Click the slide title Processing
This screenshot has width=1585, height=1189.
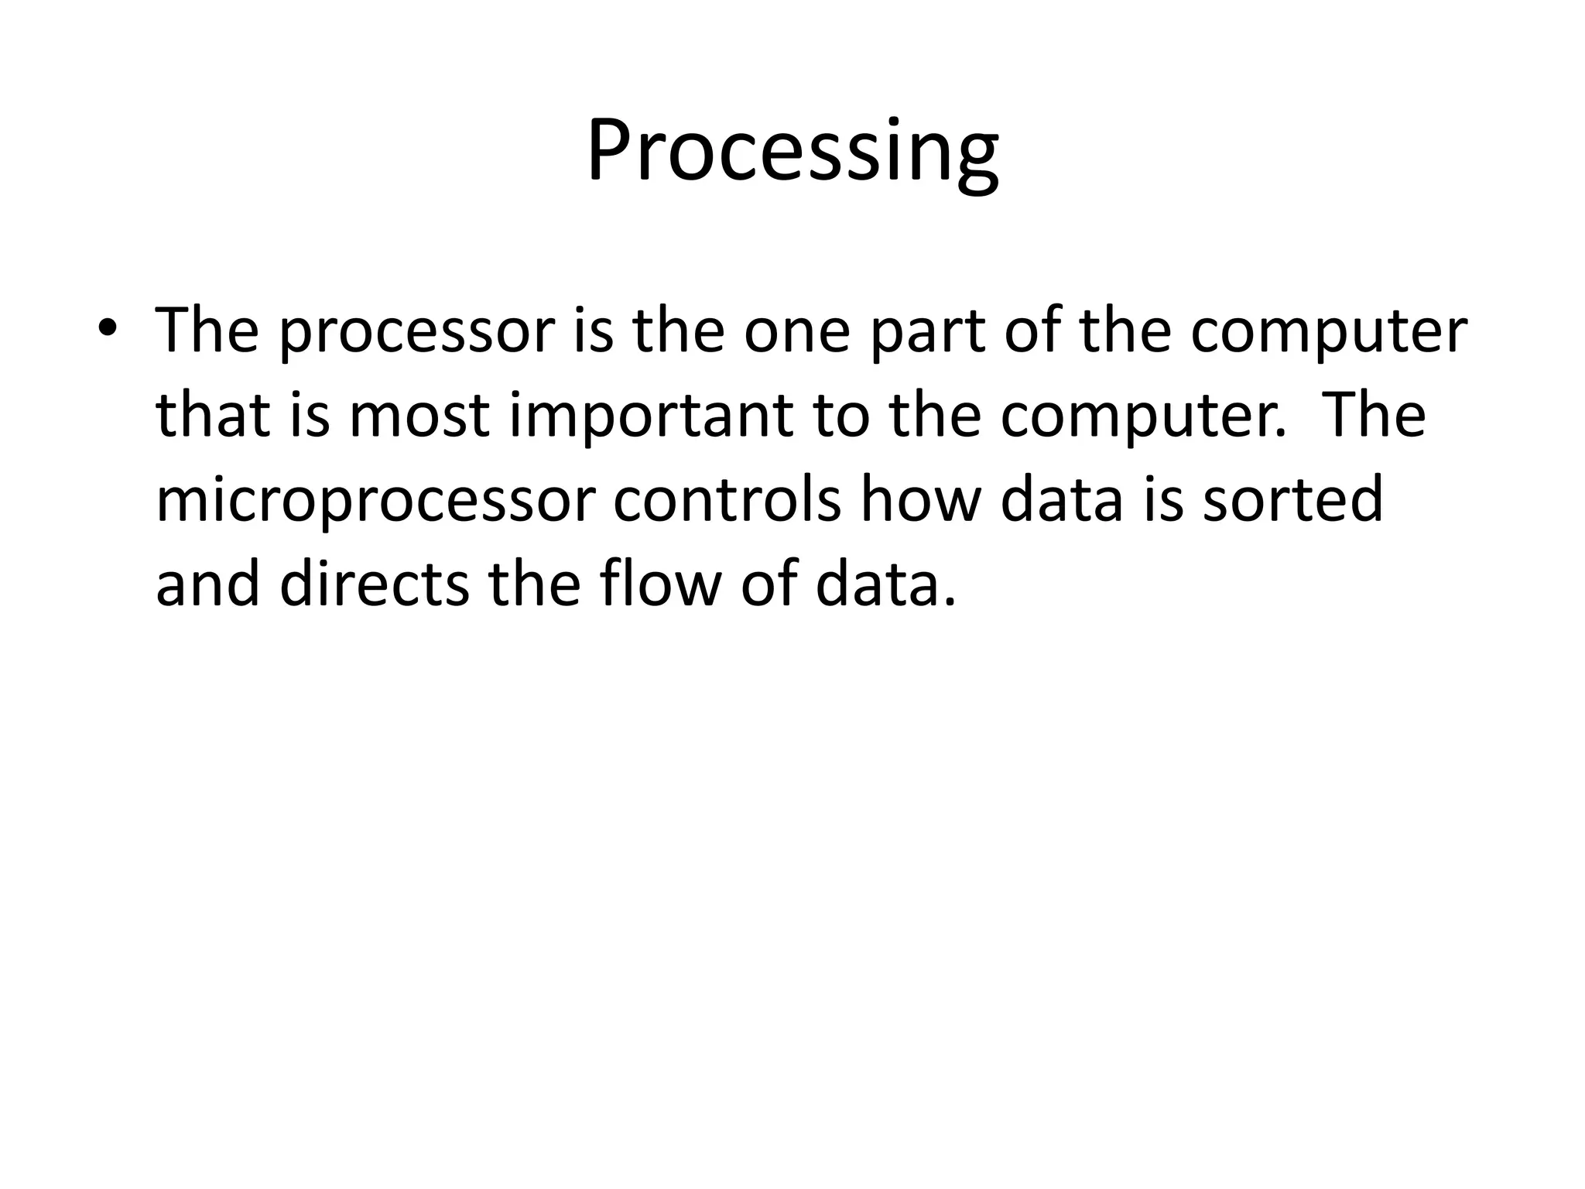[792, 151]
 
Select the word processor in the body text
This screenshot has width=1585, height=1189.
[417, 332]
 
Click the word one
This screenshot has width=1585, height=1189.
[797, 331]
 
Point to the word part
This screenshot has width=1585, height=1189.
[926, 332]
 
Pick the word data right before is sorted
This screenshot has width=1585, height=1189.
[1061, 499]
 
